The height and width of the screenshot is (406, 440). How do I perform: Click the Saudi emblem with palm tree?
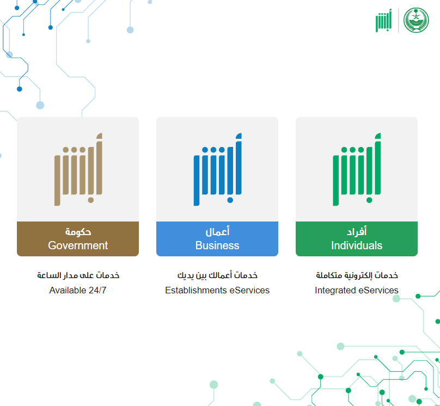pyautogui.click(x=416, y=20)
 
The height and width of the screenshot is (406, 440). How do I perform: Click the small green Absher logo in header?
pyautogui.click(x=383, y=21)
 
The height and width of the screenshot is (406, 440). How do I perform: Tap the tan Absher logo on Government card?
pyautogui.click(x=78, y=169)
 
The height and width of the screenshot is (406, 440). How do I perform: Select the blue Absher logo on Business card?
pyautogui.click(x=217, y=169)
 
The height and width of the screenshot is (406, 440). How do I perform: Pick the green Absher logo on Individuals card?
pyautogui.click(x=357, y=169)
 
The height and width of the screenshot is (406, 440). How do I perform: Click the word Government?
pyautogui.click(x=78, y=245)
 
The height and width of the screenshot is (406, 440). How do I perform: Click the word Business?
pyautogui.click(x=217, y=245)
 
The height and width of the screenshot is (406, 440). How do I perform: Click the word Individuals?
pyautogui.click(x=357, y=245)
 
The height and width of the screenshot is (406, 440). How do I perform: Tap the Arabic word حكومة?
pyautogui.click(x=78, y=232)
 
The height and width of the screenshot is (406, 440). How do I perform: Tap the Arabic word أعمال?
pyautogui.click(x=217, y=232)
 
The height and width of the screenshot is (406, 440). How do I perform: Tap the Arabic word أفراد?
pyautogui.click(x=357, y=232)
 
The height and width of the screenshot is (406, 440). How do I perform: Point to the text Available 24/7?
pyautogui.click(x=78, y=290)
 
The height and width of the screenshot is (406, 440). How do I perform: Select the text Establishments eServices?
pyautogui.click(x=217, y=290)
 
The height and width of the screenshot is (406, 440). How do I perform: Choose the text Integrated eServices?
pyautogui.click(x=357, y=290)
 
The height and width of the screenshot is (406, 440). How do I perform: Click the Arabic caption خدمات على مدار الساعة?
pyautogui.click(x=78, y=275)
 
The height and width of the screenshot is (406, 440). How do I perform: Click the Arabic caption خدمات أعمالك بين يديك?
pyautogui.click(x=217, y=275)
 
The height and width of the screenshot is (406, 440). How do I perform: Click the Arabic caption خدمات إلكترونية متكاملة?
pyautogui.click(x=357, y=275)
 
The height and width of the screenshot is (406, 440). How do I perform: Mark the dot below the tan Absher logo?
pyautogui.click(x=90, y=200)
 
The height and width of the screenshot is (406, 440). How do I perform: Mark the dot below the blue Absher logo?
pyautogui.click(x=230, y=200)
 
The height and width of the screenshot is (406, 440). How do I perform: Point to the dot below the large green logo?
pyautogui.click(x=369, y=200)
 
